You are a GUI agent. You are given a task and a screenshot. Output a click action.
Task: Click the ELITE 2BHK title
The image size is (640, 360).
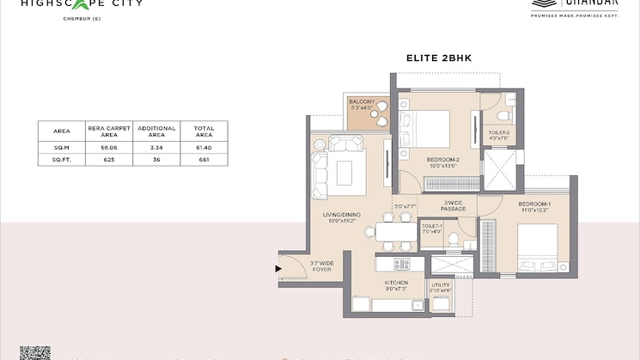pos(441,59)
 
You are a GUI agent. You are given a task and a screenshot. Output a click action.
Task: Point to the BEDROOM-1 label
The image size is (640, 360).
pos(534,206)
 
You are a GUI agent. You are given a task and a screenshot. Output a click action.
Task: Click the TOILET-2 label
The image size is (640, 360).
pos(499,134)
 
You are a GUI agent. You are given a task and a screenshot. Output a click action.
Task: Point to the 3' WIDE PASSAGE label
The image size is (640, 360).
pos(453,206)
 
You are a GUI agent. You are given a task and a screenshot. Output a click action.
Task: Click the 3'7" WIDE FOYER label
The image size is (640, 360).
pos(320,266)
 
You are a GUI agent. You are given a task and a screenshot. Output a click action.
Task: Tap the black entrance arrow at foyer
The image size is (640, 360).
pos(278,269)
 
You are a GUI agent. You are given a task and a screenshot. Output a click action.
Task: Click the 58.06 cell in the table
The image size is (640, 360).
pos(109,148)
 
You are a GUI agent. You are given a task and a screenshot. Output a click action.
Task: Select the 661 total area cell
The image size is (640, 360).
pos(203,160)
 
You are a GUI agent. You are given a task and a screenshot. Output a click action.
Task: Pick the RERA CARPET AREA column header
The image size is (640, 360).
pos(109,131)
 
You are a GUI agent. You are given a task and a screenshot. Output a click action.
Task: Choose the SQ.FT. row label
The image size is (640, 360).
pos(61,160)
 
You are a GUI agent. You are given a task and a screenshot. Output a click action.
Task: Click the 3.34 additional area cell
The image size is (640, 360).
pos(156,148)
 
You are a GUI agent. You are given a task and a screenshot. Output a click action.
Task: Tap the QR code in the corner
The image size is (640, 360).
pos(34,352)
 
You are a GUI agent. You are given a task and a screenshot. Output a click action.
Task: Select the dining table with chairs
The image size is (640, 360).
pos(392,229)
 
